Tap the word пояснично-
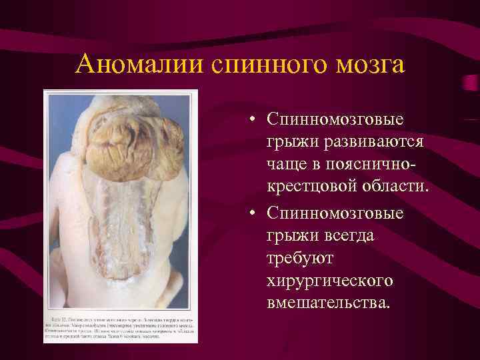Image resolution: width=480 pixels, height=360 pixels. (379, 166)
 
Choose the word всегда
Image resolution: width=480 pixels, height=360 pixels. (347, 235)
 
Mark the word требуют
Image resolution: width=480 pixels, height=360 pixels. (297, 258)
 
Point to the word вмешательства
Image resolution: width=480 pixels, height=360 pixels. (326, 303)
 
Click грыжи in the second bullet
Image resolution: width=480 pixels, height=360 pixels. (291, 235)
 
